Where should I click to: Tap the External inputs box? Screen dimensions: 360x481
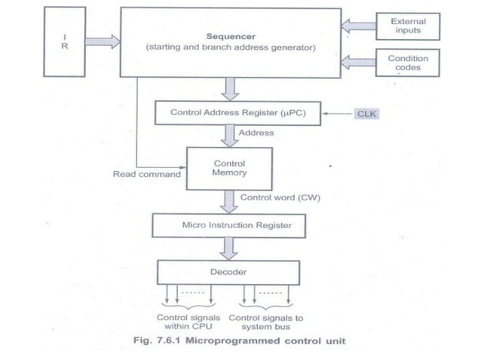coord(408,26)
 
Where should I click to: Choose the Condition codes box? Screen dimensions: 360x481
coord(408,63)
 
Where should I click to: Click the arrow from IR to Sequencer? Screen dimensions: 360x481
coord(102,41)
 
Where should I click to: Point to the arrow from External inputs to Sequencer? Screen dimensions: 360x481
coord(357,26)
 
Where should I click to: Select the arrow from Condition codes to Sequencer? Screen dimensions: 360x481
coord(357,63)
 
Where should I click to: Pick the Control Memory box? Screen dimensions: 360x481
coord(228,168)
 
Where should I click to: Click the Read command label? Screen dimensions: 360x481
coord(146,174)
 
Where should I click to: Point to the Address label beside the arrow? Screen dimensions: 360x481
coord(256,133)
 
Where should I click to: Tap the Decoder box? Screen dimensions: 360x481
coord(228,272)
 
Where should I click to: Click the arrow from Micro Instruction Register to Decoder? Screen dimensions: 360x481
coord(229,248)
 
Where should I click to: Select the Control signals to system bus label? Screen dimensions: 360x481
coord(262,322)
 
